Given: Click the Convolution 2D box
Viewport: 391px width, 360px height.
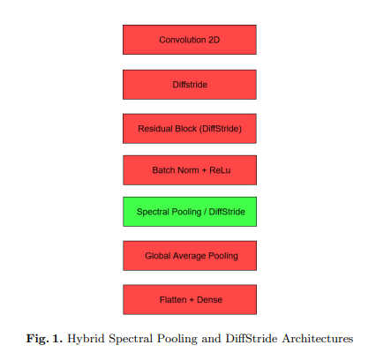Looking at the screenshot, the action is (190, 40).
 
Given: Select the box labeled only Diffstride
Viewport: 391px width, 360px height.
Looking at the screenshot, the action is (190, 85).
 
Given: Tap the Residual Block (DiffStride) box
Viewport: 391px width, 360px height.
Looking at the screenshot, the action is (190, 129).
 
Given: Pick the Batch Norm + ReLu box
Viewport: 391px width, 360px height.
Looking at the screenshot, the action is (190, 170).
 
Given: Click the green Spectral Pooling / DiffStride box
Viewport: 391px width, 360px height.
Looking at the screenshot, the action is (190, 212).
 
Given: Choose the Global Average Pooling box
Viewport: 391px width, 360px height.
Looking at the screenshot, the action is (190, 256).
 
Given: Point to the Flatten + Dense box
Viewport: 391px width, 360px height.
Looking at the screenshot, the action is (190, 300).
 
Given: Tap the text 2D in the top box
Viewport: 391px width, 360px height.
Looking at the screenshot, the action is (214, 40).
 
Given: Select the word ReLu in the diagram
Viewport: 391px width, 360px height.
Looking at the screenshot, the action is (220, 170).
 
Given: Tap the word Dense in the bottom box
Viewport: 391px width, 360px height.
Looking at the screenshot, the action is (209, 300).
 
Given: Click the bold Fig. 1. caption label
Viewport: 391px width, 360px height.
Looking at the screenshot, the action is (44, 339).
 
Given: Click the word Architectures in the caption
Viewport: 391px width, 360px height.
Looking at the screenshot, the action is (318, 339).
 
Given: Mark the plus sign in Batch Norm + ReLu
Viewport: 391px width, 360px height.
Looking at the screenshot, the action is (204, 170).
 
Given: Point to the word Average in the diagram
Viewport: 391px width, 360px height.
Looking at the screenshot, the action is (190, 256).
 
